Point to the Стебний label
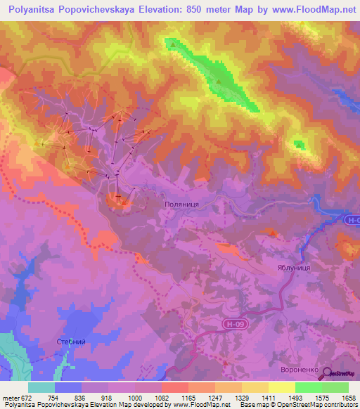click(70, 342)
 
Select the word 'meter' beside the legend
click(11, 397)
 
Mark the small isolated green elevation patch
click(300, 145)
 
